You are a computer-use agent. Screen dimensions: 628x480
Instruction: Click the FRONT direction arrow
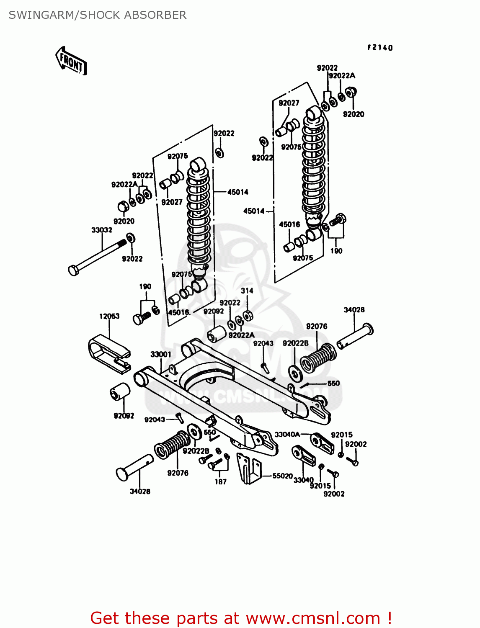[x=71, y=61]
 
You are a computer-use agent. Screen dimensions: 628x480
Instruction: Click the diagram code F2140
[x=380, y=48]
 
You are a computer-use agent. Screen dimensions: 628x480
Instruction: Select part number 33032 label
[x=102, y=230]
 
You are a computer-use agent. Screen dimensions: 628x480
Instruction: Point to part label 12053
[x=109, y=316]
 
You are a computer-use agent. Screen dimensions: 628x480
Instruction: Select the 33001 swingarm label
[x=161, y=354]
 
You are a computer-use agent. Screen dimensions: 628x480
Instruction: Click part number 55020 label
[x=282, y=476]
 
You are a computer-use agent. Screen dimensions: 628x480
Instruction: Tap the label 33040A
[x=287, y=435]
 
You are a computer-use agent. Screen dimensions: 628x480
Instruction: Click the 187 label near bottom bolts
[x=221, y=481]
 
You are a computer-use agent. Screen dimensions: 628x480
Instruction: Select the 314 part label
[x=247, y=291]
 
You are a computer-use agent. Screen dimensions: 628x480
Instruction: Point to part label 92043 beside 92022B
[x=263, y=343]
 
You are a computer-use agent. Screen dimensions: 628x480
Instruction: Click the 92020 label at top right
[x=354, y=114]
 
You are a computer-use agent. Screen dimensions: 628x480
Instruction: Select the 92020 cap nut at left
[x=122, y=207]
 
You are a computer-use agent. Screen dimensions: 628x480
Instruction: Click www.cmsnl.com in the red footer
[x=313, y=618]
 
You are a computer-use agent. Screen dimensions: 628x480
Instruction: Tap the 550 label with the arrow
[x=333, y=383]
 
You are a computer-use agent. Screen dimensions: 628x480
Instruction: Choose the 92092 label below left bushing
[x=124, y=416]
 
